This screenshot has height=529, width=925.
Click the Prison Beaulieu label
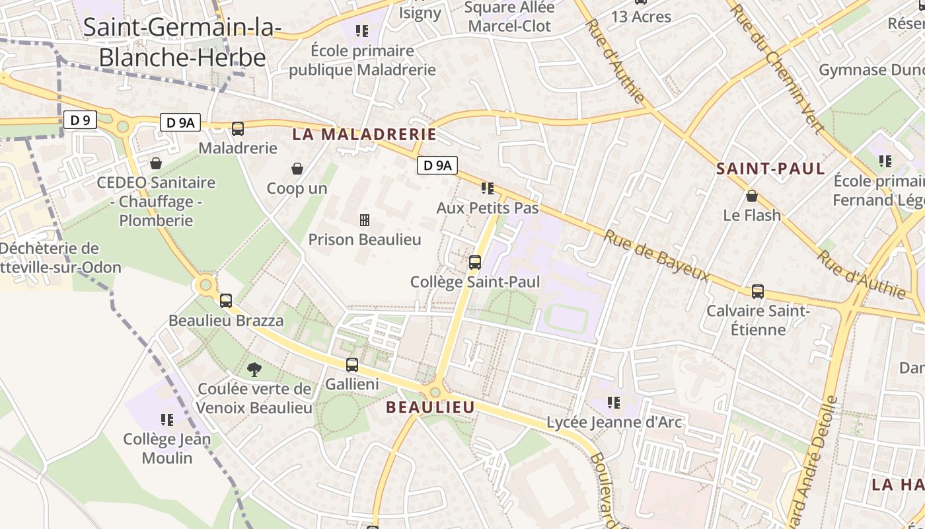point(365,239)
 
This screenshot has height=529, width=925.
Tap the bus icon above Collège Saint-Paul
point(474,263)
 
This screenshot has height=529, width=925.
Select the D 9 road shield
point(81,120)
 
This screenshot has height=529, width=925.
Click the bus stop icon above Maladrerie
point(237,129)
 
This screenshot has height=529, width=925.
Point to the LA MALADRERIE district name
point(364,135)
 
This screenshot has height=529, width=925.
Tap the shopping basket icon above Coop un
point(297,169)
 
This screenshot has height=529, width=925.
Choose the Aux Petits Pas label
point(488,208)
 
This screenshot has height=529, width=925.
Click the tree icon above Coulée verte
point(254,369)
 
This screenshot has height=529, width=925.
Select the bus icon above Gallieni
point(352,364)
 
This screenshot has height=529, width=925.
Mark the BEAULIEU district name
point(430,407)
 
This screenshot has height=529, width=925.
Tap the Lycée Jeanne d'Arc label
point(614,422)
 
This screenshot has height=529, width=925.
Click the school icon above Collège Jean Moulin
point(166,419)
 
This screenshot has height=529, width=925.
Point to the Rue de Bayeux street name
point(657,255)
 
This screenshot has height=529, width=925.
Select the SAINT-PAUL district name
point(770,169)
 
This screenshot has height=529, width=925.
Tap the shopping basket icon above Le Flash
point(751,196)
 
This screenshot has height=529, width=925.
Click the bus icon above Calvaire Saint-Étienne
point(757,292)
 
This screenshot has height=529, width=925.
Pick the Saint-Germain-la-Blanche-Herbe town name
point(182,42)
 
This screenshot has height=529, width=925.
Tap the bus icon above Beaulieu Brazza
point(226,301)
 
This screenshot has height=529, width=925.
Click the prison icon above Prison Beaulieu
point(364,220)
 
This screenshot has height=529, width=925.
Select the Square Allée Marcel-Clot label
point(507,17)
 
